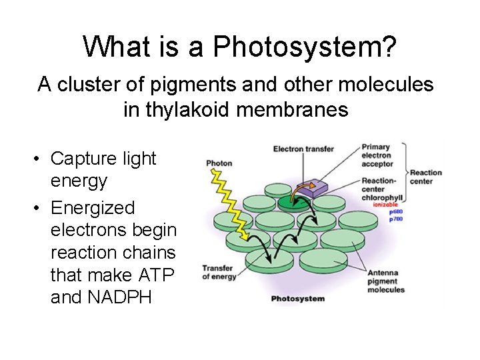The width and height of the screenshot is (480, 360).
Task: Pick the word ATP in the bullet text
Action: coord(159,275)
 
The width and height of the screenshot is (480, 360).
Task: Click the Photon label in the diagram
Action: coord(219,163)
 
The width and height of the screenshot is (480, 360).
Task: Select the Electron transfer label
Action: coord(303,149)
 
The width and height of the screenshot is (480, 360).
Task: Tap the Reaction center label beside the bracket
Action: coord(426,177)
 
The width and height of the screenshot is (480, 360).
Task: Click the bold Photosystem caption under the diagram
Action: coord(297,298)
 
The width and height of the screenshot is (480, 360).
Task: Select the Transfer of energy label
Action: coord(219,273)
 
